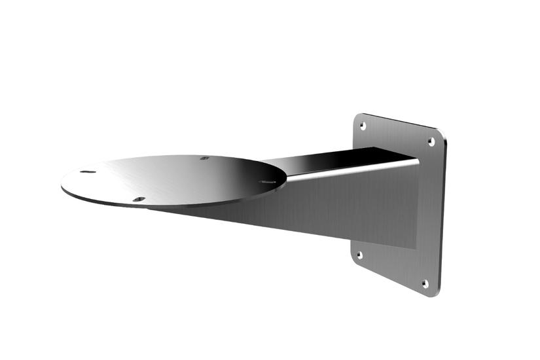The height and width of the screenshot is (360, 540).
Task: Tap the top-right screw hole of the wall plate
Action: click(x=431, y=141)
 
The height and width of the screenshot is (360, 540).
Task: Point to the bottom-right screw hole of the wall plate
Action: click(x=425, y=283)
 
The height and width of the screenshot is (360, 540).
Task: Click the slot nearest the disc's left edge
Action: click(x=88, y=172)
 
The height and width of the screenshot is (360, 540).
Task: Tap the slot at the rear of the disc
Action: click(x=205, y=158)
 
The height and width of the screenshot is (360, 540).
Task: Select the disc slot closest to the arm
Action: click(x=267, y=182)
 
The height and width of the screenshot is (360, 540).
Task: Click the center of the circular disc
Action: click(x=174, y=181)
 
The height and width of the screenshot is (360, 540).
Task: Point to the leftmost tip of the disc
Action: click(x=62, y=185)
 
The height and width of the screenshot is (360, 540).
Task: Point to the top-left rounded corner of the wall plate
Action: click(x=357, y=116)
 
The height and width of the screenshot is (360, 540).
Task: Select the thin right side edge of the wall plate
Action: click(x=442, y=216)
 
